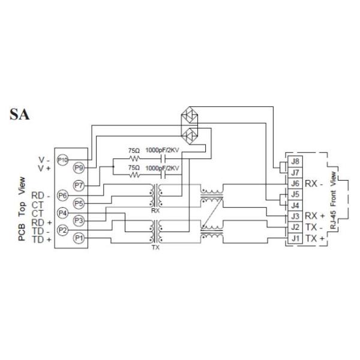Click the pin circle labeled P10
click(x=62, y=160)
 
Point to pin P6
click(x=62, y=196)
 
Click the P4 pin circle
click(x=62, y=213)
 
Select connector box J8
click(x=295, y=161)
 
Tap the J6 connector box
click(x=295, y=183)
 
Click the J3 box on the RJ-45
click(x=295, y=216)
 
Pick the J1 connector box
click(x=295, y=238)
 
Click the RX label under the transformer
click(x=155, y=210)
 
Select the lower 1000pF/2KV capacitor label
click(x=163, y=169)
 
